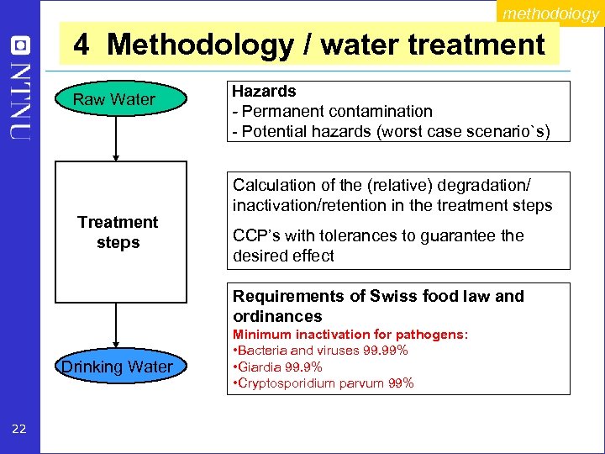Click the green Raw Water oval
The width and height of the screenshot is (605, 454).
[x=114, y=100]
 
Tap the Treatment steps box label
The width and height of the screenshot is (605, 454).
[x=118, y=232]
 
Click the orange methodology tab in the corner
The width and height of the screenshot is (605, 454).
[x=550, y=13]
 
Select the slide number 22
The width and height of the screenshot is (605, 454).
[x=19, y=430]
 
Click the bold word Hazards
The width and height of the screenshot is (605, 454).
[x=264, y=91]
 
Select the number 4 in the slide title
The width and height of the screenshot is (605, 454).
[x=82, y=44]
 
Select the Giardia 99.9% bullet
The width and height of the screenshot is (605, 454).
[x=277, y=367]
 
